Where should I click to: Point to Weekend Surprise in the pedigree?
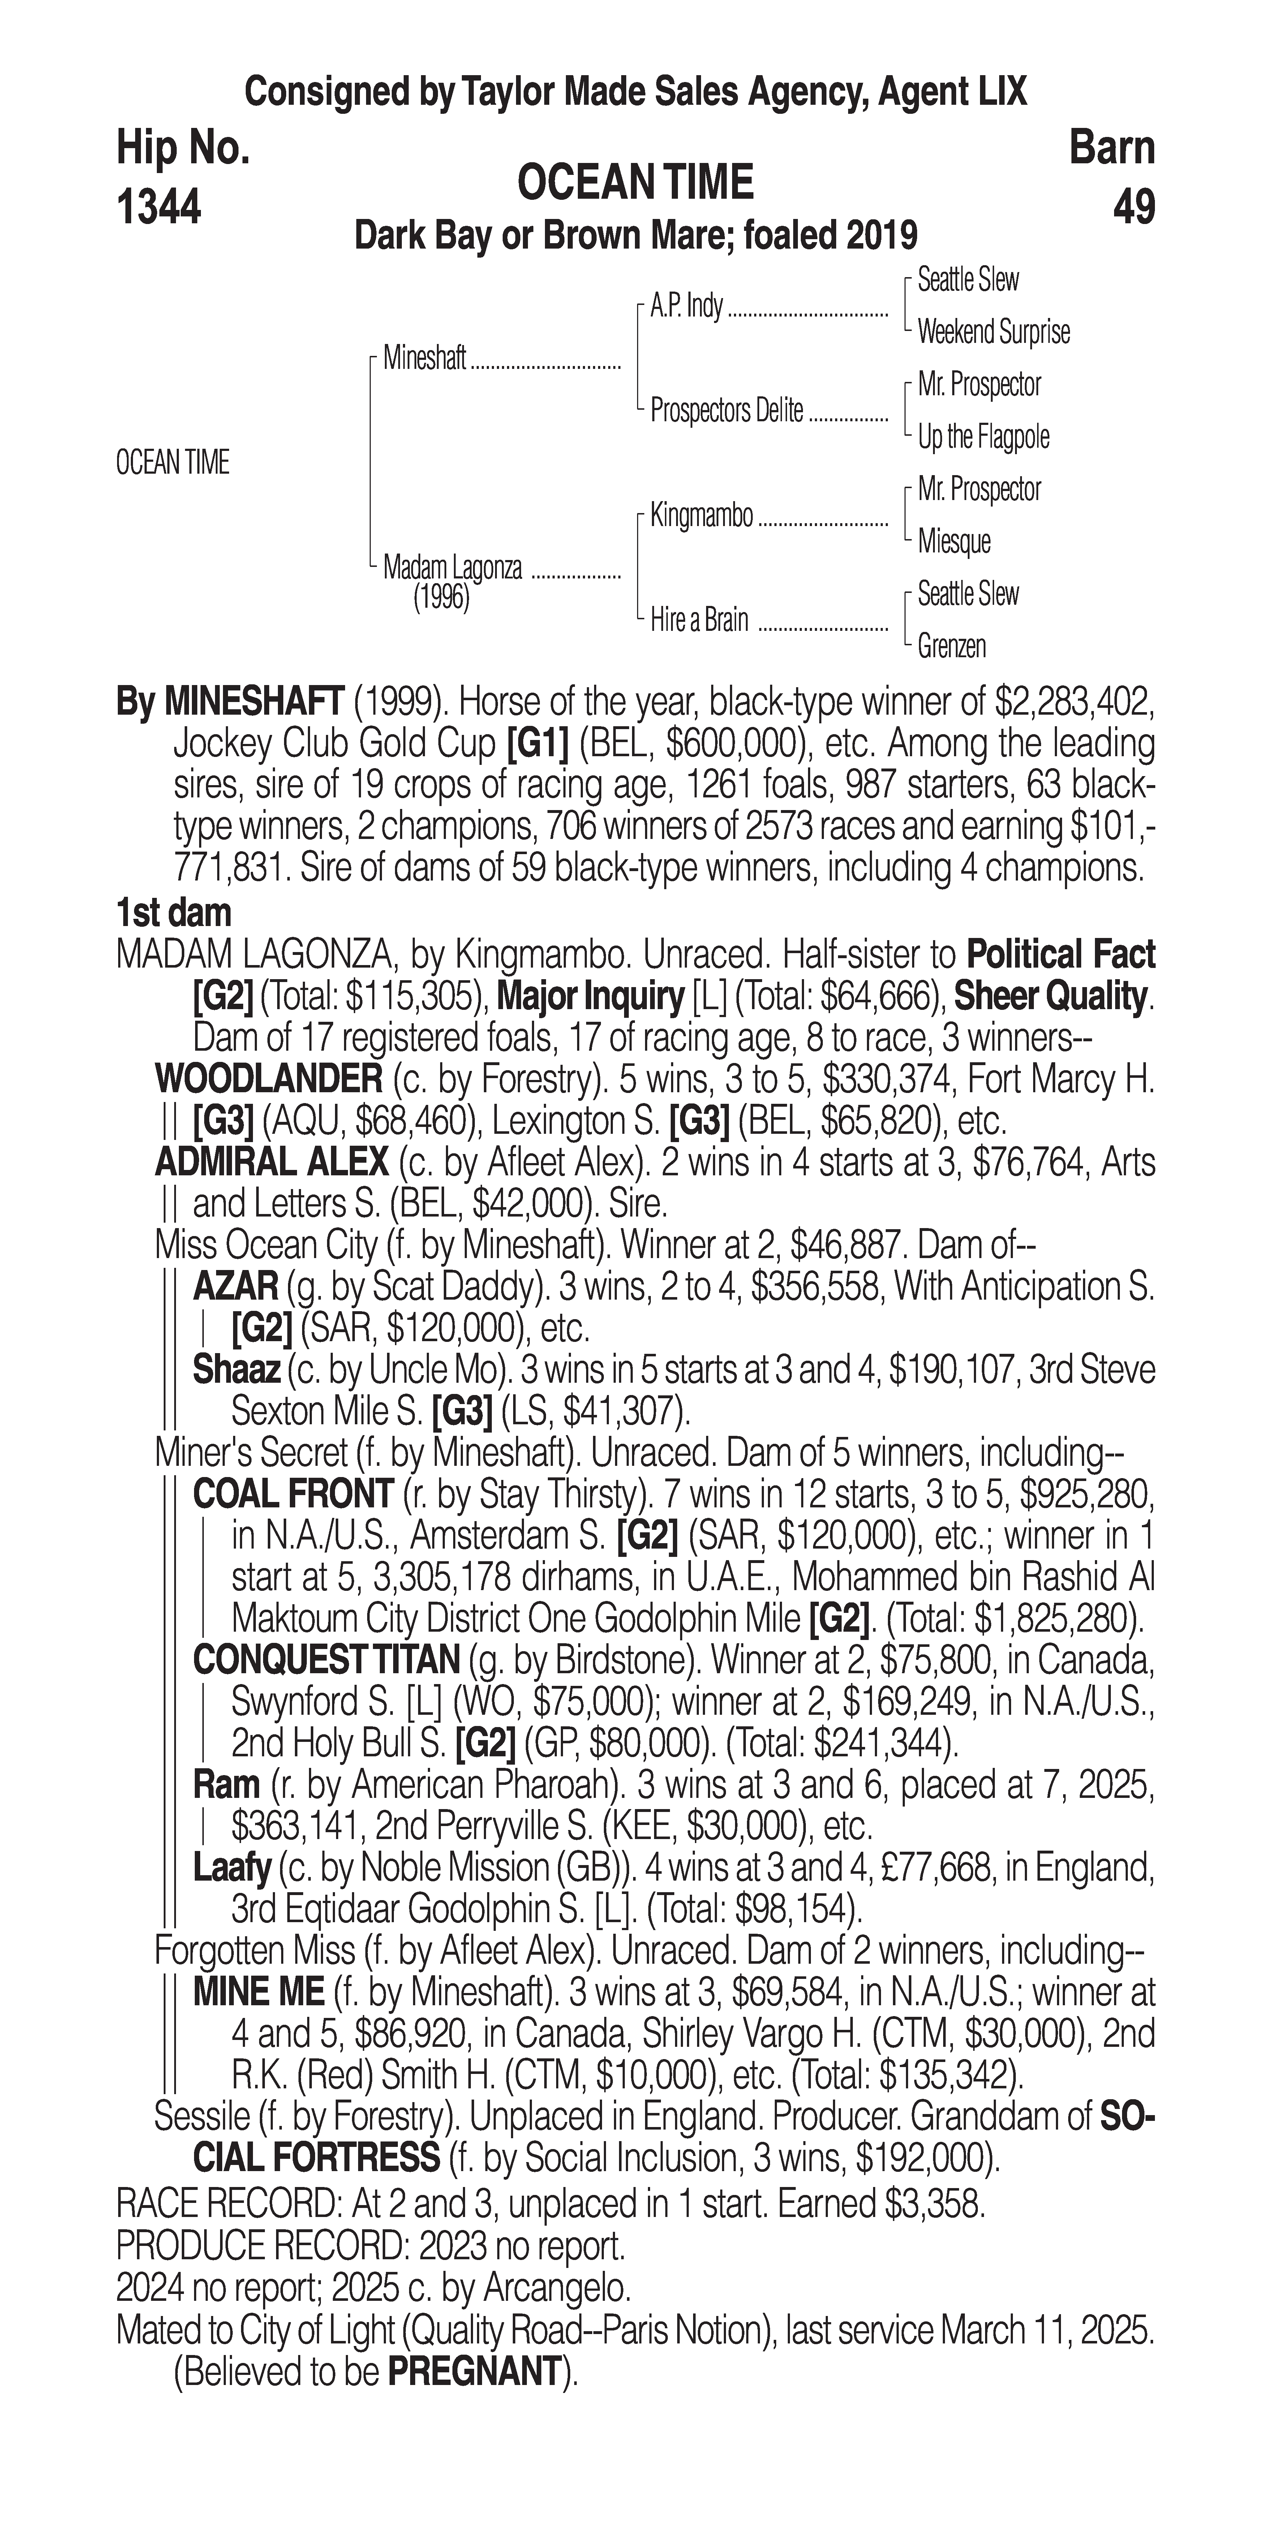tap(993, 332)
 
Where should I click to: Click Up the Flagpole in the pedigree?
tap(983, 437)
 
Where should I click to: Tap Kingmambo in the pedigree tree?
tap(701, 516)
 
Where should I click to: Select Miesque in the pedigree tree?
tap(954, 541)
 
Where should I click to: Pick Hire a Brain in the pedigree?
tap(699, 620)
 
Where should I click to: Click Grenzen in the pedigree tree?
tap(951, 647)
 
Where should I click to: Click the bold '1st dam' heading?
tap(173, 913)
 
